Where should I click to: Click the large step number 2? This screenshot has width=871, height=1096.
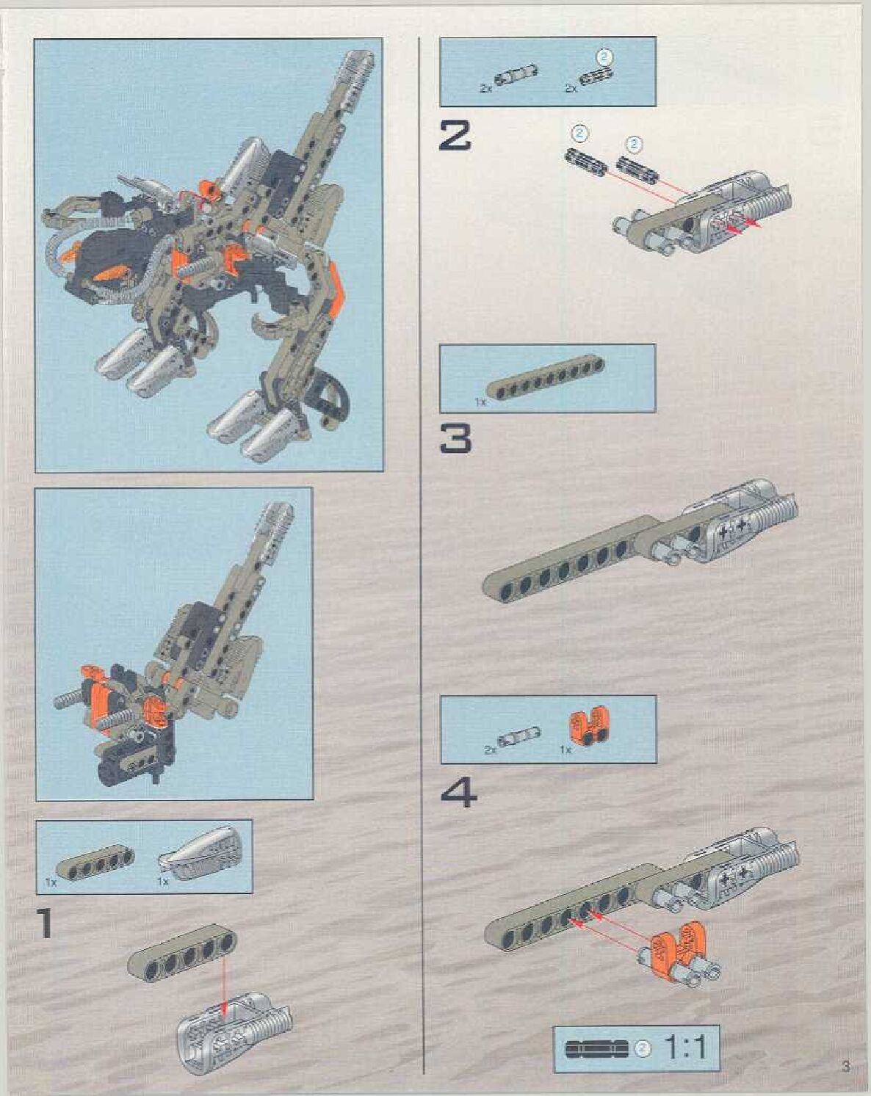click(x=455, y=137)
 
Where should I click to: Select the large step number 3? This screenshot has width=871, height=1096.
click(x=455, y=438)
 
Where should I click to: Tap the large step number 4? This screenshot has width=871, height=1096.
click(x=458, y=793)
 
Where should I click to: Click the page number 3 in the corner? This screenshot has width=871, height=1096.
click(x=846, y=1067)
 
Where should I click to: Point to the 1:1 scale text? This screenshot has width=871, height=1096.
click(x=684, y=1048)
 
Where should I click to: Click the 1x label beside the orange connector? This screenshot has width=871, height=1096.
click(x=565, y=750)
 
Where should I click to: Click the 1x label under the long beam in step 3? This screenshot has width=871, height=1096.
click(x=480, y=402)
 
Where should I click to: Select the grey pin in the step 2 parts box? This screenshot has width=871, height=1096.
click(x=515, y=76)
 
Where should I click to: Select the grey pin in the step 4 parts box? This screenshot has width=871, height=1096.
click(x=518, y=736)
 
